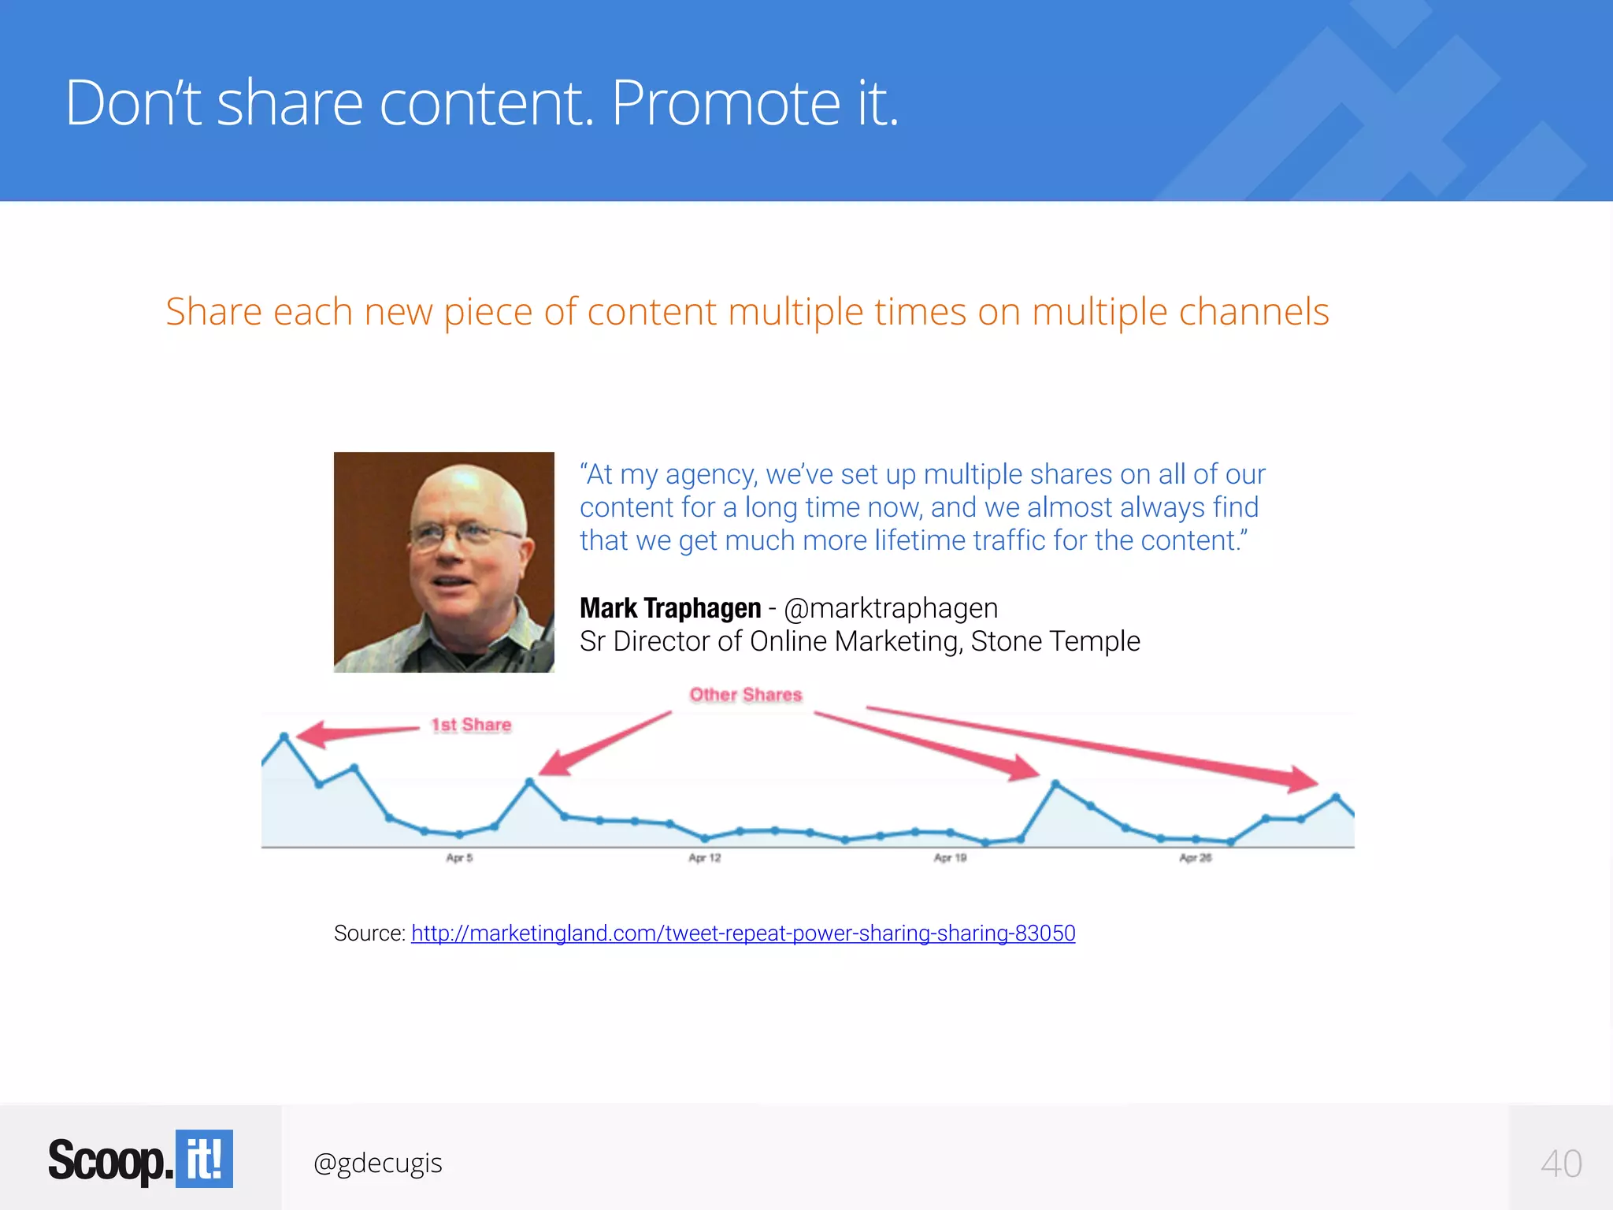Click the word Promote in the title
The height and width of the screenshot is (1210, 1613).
coord(725,103)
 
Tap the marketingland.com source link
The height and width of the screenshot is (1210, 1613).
coord(743,933)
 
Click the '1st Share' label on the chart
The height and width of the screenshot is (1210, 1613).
coord(471,725)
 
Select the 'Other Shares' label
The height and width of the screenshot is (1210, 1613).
coord(745,695)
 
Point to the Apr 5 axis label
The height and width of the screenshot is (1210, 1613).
coord(459,858)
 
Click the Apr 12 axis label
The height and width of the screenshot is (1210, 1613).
coord(704,858)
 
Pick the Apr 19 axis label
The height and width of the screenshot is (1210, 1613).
coord(950,858)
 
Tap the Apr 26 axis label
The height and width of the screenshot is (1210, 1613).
coord(1195,858)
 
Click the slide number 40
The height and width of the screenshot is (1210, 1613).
coord(1561,1164)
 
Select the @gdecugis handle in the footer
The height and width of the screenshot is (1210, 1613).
coord(377,1163)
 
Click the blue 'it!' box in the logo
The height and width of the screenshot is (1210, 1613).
coord(204,1159)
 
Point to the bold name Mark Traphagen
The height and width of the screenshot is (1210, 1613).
coord(670,608)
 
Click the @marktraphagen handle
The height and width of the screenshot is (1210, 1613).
coord(891,608)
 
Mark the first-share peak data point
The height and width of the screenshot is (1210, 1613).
coord(285,737)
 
